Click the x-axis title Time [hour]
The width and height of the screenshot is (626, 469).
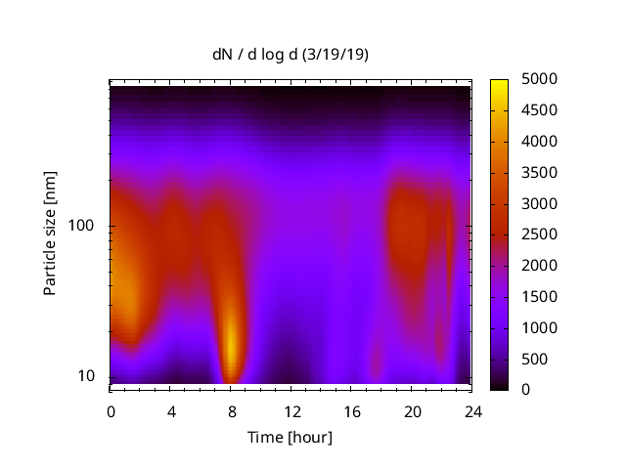[x=290, y=437]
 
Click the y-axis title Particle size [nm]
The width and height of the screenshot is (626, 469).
[x=50, y=234]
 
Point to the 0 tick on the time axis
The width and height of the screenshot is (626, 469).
[x=111, y=410]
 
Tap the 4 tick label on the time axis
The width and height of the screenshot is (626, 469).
[x=171, y=410]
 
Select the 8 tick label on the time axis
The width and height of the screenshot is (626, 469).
[x=231, y=410]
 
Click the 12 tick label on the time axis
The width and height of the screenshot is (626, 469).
[x=291, y=410]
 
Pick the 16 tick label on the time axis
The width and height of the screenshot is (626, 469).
[x=351, y=410]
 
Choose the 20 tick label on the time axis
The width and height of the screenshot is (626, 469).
[x=411, y=410]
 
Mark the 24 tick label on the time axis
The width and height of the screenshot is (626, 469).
[x=471, y=410]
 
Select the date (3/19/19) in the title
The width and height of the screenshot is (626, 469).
[x=337, y=55]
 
